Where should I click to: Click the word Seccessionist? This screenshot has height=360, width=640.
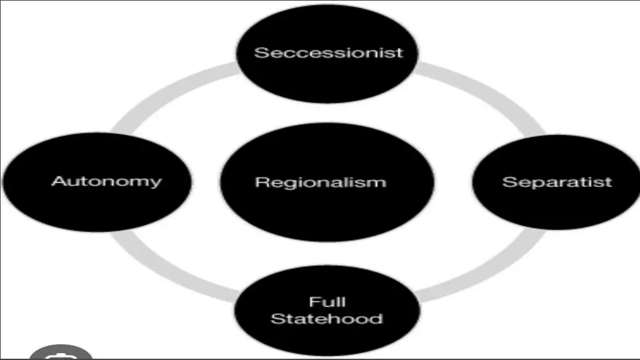click(x=329, y=52)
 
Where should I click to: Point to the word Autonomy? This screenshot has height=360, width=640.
click(x=106, y=182)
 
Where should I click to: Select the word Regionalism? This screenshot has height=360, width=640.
click(x=321, y=182)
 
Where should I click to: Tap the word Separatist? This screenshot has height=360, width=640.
click(x=557, y=182)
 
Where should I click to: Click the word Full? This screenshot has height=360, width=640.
click(x=327, y=302)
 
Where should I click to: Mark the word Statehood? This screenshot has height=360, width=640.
click(x=327, y=319)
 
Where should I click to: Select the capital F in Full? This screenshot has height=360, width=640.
click(x=314, y=302)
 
